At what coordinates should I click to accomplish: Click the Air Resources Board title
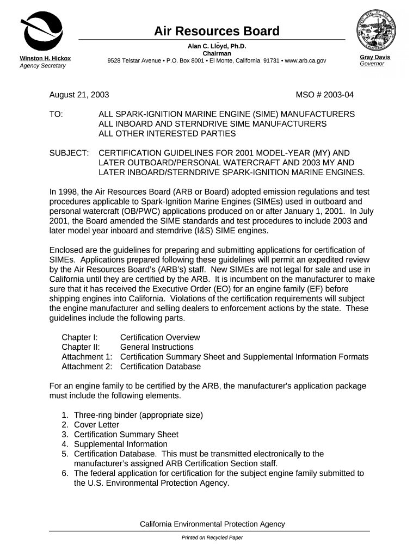217,31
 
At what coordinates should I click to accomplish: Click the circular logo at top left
41,30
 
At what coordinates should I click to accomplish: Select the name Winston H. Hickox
45,58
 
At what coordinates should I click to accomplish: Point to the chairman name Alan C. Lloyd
217,46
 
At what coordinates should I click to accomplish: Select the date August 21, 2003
79,95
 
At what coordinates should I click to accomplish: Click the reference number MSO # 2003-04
324,95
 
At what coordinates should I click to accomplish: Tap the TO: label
56,114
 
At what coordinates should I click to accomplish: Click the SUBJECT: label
69,153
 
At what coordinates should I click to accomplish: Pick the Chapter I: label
79,337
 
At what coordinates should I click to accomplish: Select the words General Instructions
157,347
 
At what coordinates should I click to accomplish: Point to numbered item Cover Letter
96,425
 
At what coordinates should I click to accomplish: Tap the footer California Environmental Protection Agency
212,524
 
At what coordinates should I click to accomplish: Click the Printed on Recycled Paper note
212,537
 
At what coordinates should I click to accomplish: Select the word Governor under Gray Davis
372,64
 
